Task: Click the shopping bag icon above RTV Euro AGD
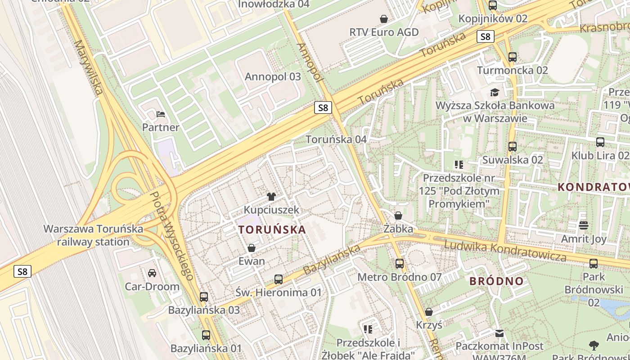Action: tap(384, 19)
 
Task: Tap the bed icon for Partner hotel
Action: tap(161, 114)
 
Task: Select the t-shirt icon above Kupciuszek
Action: tap(271, 196)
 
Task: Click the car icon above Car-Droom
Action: tap(152, 273)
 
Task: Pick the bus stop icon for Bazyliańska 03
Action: tap(204, 297)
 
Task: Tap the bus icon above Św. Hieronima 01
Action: tap(279, 279)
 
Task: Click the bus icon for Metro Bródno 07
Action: tap(400, 264)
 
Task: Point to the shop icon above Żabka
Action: tap(398, 216)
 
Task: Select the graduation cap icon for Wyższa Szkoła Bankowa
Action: tap(495, 93)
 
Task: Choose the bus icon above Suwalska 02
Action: tap(513, 147)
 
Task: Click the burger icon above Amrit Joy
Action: tap(584, 225)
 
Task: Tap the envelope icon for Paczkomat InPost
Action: tap(499, 333)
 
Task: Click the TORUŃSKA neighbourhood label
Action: tap(272, 229)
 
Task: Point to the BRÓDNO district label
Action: tap(497, 281)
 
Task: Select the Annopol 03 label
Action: tap(273, 76)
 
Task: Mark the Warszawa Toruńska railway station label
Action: tap(93, 235)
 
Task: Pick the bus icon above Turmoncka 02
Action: tap(513, 57)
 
